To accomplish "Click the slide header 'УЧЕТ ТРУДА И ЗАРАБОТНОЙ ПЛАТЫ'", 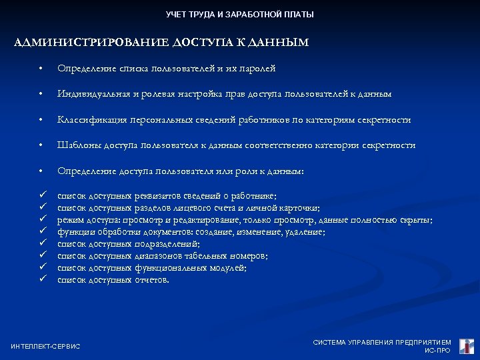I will tap(239, 15).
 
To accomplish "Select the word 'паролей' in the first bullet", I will tap(261, 69).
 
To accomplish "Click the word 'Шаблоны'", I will tap(74, 145).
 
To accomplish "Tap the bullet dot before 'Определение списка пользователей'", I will tap(41, 69).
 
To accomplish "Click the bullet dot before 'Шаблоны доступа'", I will tap(41, 146).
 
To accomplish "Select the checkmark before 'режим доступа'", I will tap(42, 219).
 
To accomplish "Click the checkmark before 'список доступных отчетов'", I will tap(42, 279).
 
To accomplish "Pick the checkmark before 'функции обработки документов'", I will tap(42, 231).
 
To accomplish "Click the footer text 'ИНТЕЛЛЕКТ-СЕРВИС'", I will tap(45, 346).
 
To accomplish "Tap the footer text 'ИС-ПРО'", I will tap(437, 351).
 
